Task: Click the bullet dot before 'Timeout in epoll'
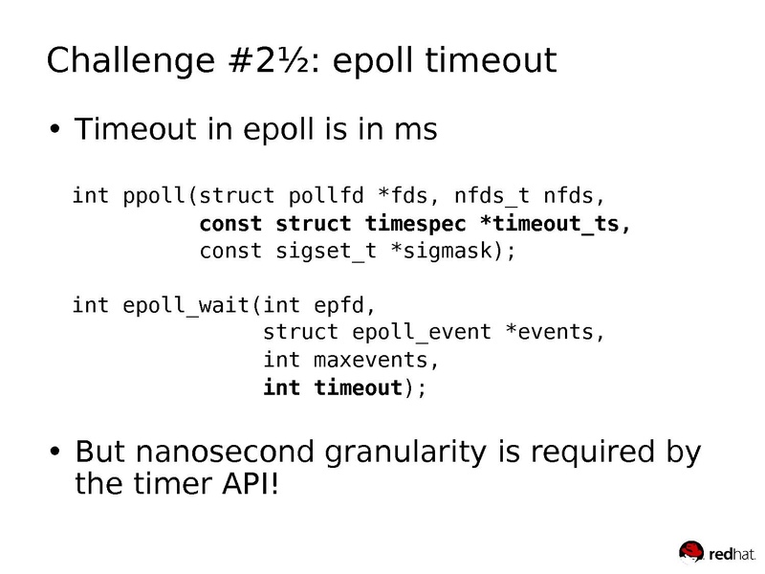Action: pos(55,130)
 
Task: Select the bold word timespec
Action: pos(414,226)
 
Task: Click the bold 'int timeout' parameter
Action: pos(332,387)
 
